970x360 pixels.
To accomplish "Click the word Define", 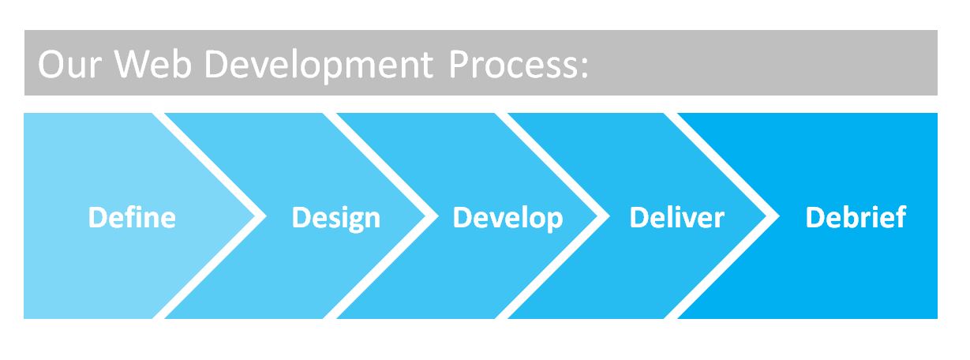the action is [x=131, y=217].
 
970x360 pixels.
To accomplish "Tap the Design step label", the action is [x=335, y=218].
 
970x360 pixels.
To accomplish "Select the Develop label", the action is [x=507, y=218].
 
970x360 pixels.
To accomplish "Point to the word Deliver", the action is [x=676, y=217].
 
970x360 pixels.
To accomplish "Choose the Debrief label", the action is [x=856, y=217].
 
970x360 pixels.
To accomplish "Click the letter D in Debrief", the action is [x=815, y=217].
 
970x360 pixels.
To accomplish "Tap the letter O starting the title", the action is [x=52, y=65].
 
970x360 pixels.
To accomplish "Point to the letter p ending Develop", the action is [x=554, y=220].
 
